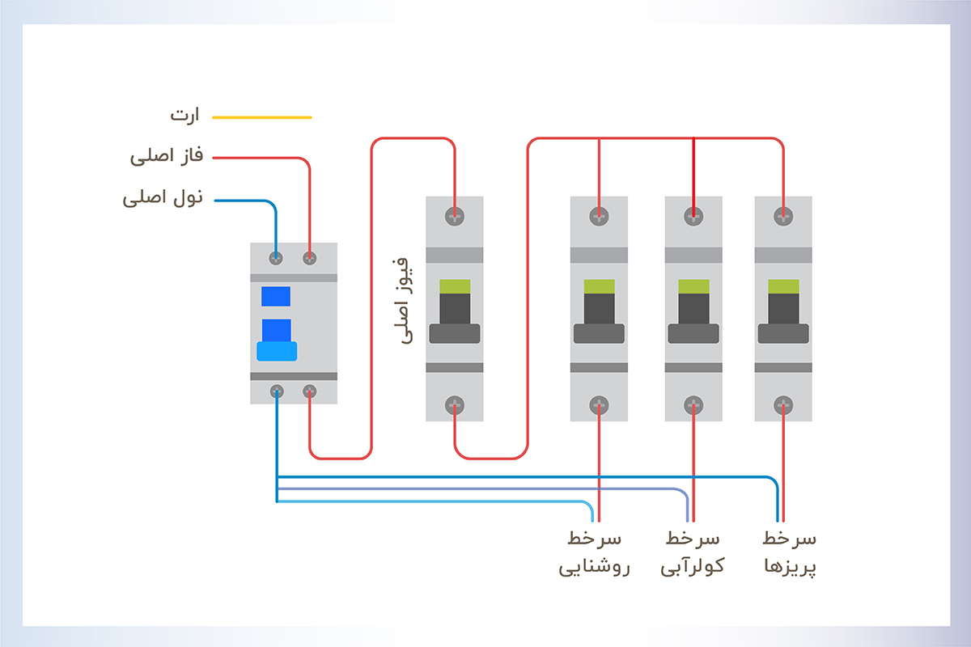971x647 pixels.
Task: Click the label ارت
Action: (184, 115)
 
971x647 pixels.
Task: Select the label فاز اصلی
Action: (163, 156)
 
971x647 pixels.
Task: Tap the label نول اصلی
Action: (161, 198)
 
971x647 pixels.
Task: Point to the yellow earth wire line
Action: (261, 117)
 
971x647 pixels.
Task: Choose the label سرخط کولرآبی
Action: (693, 552)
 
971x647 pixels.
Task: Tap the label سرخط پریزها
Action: (790, 552)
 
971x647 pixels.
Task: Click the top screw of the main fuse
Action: (455, 216)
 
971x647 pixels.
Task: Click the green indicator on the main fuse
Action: (455, 286)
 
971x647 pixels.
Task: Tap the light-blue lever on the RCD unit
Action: (277, 350)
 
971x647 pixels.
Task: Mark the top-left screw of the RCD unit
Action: (276, 258)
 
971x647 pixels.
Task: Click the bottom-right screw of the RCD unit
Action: (309, 391)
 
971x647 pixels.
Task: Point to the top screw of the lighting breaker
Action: (599, 216)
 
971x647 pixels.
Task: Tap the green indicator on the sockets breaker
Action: (783, 286)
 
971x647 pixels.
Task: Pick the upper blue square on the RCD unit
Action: (276, 296)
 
